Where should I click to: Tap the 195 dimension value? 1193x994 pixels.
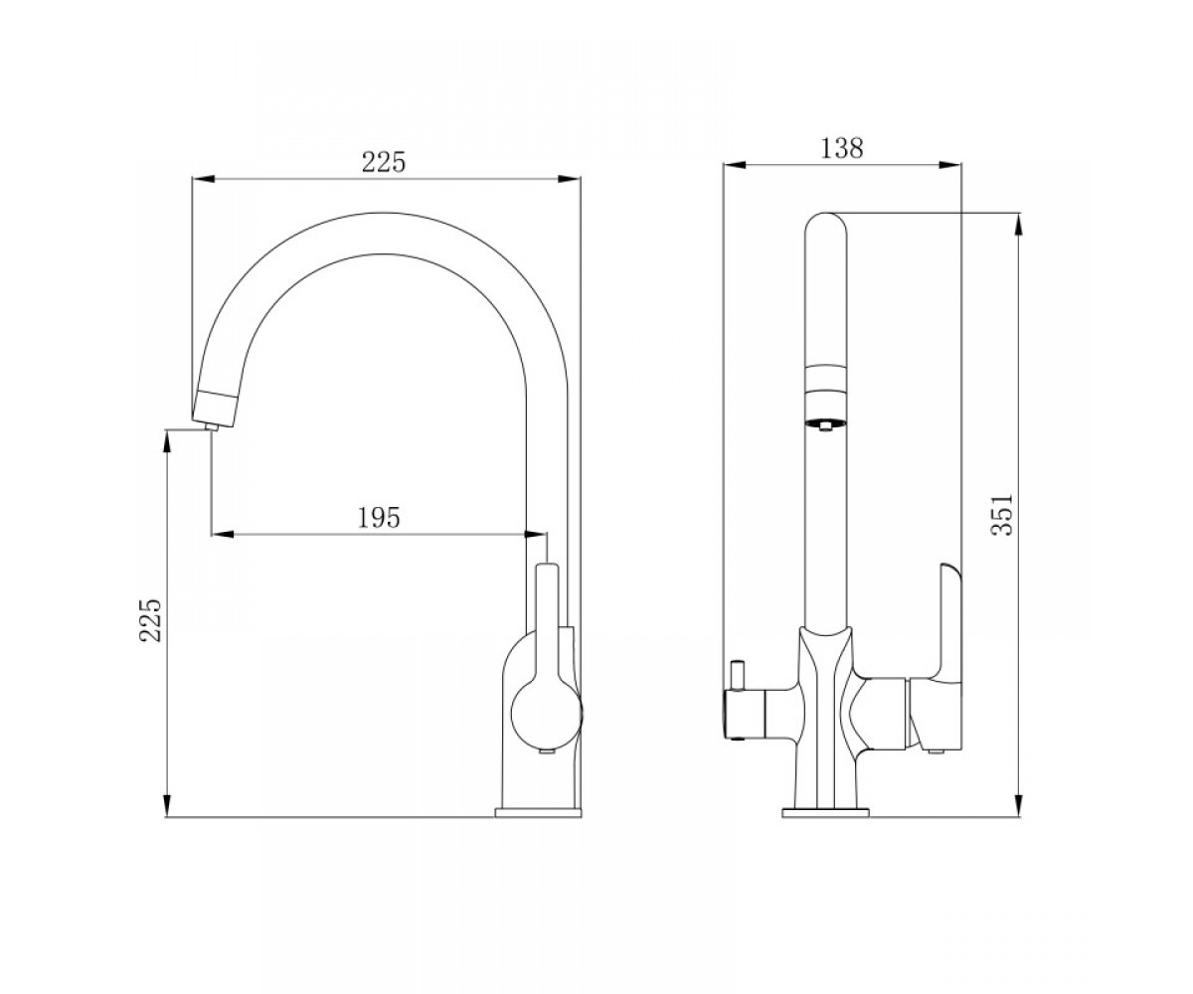coord(379,518)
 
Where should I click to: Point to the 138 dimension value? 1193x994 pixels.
coord(842,148)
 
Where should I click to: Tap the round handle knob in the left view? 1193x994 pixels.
coord(546,714)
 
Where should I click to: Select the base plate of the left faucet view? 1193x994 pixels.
coord(538,812)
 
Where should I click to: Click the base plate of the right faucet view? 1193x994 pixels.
coord(825,812)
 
